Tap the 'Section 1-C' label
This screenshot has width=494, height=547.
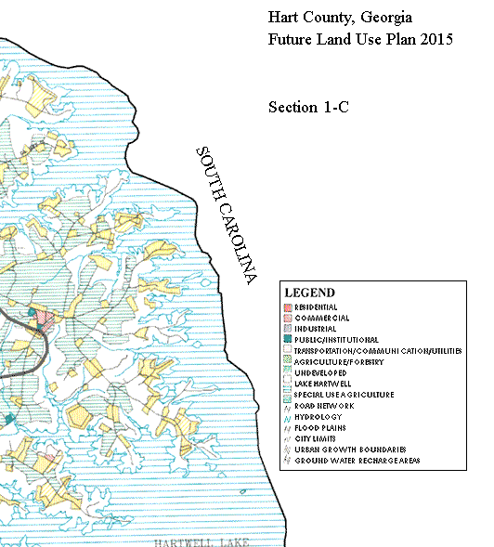point(307,108)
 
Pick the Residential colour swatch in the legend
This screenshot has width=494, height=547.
point(288,306)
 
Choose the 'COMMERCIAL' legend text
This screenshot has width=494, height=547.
point(317,318)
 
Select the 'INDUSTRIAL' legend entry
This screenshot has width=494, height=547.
point(315,329)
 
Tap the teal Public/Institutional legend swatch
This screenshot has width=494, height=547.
point(288,340)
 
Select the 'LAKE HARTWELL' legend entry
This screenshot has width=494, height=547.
point(321,384)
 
